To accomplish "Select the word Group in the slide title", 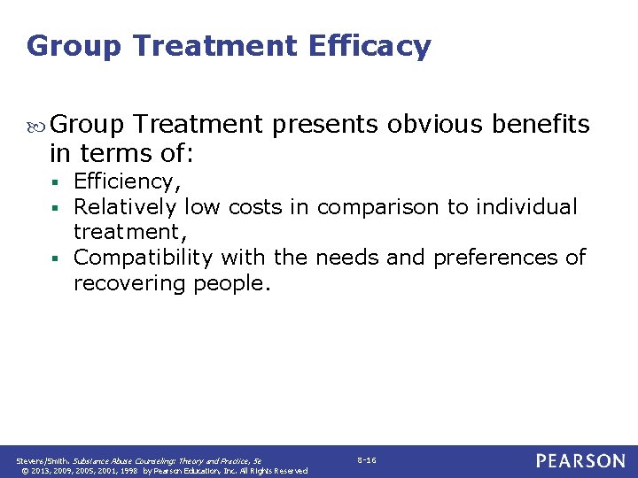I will [73, 45].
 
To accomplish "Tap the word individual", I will [526, 207].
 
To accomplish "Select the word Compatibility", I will [144, 258].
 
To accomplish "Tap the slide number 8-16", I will [367, 460].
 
